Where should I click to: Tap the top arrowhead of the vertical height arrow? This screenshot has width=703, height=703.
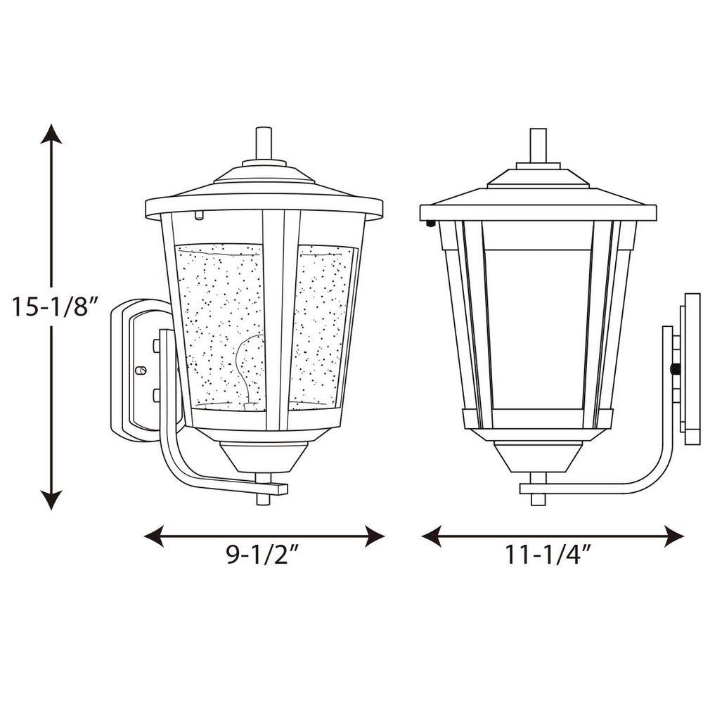pyautogui.click(x=51, y=134)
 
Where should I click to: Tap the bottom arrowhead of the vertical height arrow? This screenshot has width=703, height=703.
pyautogui.click(x=51, y=500)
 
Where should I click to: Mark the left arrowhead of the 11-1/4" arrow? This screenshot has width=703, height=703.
pyautogui.click(x=431, y=536)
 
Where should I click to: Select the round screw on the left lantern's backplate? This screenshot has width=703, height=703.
pyautogui.click(x=140, y=370)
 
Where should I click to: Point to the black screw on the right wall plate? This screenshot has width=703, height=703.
pyautogui.click(x=676, y=368)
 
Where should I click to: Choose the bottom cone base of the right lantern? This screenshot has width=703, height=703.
pyautogui.click(x=538, y=457)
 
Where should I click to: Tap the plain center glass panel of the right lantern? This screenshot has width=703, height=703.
pyautogui.click(x=538, y=323)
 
